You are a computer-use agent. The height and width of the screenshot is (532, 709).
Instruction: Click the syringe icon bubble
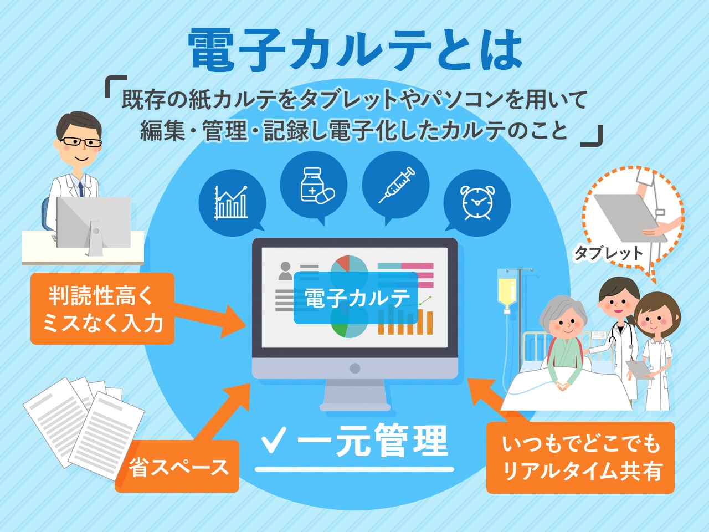tap(395, 186)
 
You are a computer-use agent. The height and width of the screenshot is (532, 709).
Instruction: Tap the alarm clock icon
tap(477, 203)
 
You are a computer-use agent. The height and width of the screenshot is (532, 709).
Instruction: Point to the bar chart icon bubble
tap(232, 202)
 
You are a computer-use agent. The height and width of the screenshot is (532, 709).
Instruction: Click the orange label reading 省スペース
tap(177, 467)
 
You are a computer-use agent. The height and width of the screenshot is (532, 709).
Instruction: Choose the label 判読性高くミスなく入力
tap(102, 309)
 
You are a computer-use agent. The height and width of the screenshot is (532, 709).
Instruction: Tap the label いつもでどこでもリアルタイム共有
tap(580, 457)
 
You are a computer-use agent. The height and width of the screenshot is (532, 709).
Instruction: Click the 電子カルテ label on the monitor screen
tap(356, 298)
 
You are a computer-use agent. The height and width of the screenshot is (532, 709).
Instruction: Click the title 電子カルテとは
tap(355, 49)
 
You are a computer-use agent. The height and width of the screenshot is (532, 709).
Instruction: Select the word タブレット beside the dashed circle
tap(609, 253)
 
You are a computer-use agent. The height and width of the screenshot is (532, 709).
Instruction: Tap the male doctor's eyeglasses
tap(81, 142)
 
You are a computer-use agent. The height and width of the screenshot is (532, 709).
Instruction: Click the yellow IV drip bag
tap(506, 291)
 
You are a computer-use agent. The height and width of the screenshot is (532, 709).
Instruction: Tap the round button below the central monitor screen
tap(354, 368)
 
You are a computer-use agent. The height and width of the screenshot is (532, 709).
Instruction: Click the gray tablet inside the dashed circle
tap(630, 217)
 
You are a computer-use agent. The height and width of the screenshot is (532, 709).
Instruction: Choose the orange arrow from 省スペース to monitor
tap(222, 412)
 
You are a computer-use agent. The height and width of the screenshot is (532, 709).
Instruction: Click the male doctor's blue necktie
tap(80, 188)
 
